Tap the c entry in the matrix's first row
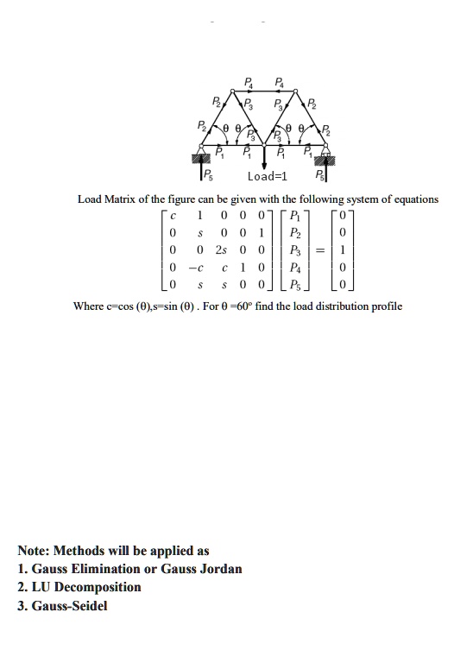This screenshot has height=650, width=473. [174, 216]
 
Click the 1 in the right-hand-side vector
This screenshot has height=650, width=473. [344, 251]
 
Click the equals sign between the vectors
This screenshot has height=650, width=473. [320, 251]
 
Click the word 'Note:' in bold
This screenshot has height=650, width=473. [35, 551]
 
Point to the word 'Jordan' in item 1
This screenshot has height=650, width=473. [221, 569]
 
